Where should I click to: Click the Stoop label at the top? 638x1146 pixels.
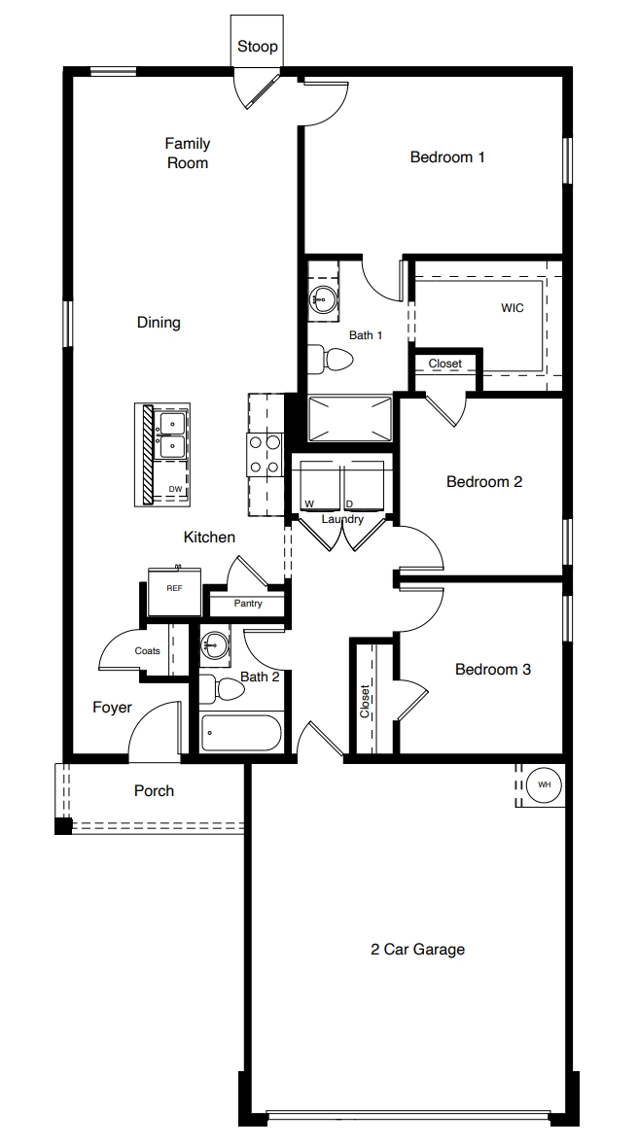[258, 46]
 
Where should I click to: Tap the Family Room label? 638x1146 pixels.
[188, 154]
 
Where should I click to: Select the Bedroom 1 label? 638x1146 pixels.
[447, 156]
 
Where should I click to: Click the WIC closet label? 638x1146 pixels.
[513, 308]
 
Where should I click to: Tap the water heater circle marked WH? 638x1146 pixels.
[544, 783]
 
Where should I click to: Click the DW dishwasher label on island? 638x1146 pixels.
[174, 489]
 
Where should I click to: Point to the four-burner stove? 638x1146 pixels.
[265, 455]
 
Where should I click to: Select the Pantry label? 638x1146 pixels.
[247, 604]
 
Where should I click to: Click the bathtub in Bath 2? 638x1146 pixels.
[241, 734]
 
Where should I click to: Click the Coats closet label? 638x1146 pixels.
[148, 651]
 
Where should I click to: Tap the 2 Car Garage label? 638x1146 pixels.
[418, 950]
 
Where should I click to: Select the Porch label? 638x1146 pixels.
[155, 791]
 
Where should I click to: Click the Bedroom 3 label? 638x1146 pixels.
[492, 670]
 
